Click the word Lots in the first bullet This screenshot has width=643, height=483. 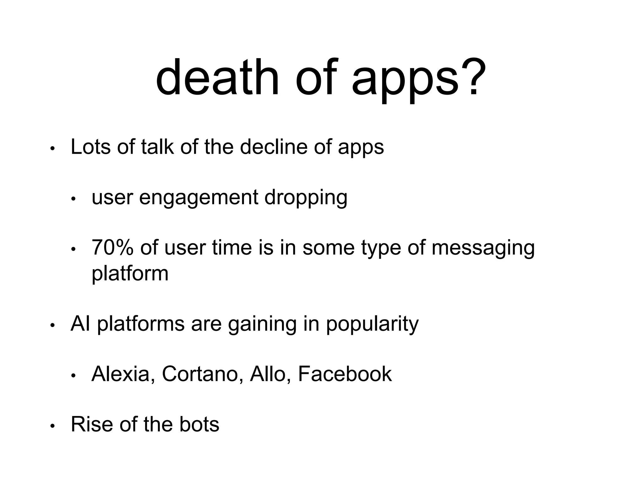point(91,147)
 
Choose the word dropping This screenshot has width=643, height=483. point(306,198)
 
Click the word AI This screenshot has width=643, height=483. point(80,324)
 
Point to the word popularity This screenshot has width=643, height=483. point(372,325)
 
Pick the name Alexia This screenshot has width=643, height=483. point(121,374)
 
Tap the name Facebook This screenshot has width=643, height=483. point(345,374)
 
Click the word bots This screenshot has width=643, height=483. point(199,425)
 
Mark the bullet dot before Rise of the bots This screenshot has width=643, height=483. point(52,426)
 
